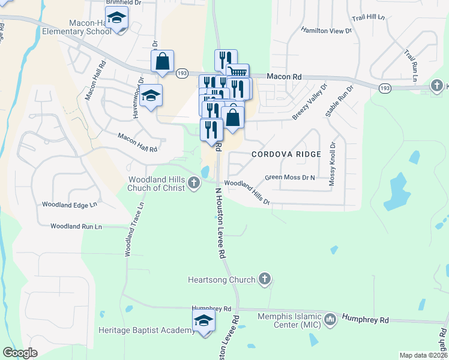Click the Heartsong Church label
[222, 280]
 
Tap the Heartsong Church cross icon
[265, 279]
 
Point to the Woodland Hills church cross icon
[193, 182]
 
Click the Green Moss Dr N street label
[290, 178]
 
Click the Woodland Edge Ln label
[69, 205]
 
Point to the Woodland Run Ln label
[76, 227]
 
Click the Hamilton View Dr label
[326, 31]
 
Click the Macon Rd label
[283, 77]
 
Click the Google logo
[20, 353]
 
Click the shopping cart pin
[239, 73]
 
